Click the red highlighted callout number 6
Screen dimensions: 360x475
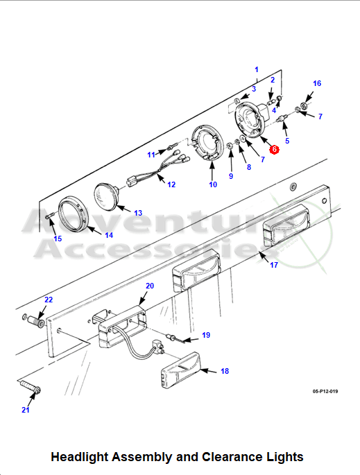pos(274,149)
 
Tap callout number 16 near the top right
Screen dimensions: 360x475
pos(317,83)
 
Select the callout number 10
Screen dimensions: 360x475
pos(213,184)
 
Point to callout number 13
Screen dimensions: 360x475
pos(138,213)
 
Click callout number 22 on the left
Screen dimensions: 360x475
pos(49,300)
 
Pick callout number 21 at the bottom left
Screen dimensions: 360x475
pos(26,410)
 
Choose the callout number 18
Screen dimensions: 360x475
pos(225,371)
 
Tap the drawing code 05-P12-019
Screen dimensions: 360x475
pos(325,391)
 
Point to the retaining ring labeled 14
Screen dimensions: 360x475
pos(74,214)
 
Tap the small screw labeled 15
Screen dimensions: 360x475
pos(50,216)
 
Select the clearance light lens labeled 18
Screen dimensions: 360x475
pos(181,370)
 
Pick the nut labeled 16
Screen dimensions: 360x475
pos(302,106)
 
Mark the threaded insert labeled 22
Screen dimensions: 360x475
pos(37,321)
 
